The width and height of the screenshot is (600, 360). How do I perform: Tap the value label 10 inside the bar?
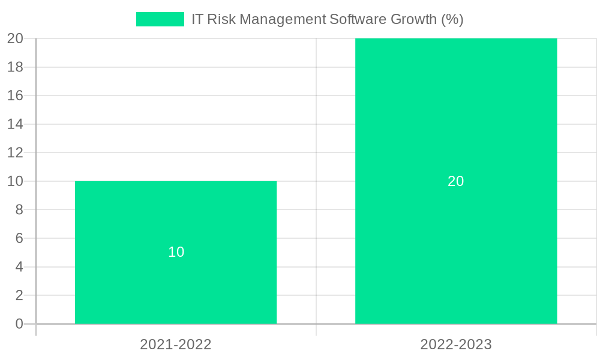click(176, 252)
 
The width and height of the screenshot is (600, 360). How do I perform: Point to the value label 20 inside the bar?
click(456, 181)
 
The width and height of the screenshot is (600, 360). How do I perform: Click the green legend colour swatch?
click(160, 19)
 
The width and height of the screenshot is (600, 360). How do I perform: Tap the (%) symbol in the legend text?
click(452, 19)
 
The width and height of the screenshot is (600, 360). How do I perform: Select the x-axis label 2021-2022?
click(176, 344)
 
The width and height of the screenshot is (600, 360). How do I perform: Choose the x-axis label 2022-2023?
click(456, 344)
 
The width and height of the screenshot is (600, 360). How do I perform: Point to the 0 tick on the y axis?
click(19, 324)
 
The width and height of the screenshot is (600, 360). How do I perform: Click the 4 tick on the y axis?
click(19, 267)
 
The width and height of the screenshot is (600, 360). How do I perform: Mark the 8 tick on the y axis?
click(19, 210)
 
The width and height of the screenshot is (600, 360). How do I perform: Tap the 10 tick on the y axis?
click(15, 181)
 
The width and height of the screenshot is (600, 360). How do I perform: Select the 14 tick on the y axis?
click(15, 124)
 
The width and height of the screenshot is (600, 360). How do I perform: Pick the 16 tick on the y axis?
click(15, 95)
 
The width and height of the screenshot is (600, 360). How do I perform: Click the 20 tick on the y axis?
click(15, 38)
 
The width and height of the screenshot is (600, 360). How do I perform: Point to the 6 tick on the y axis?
click(19, 238)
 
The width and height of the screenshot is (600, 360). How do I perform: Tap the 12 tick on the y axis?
click(15, 152)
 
